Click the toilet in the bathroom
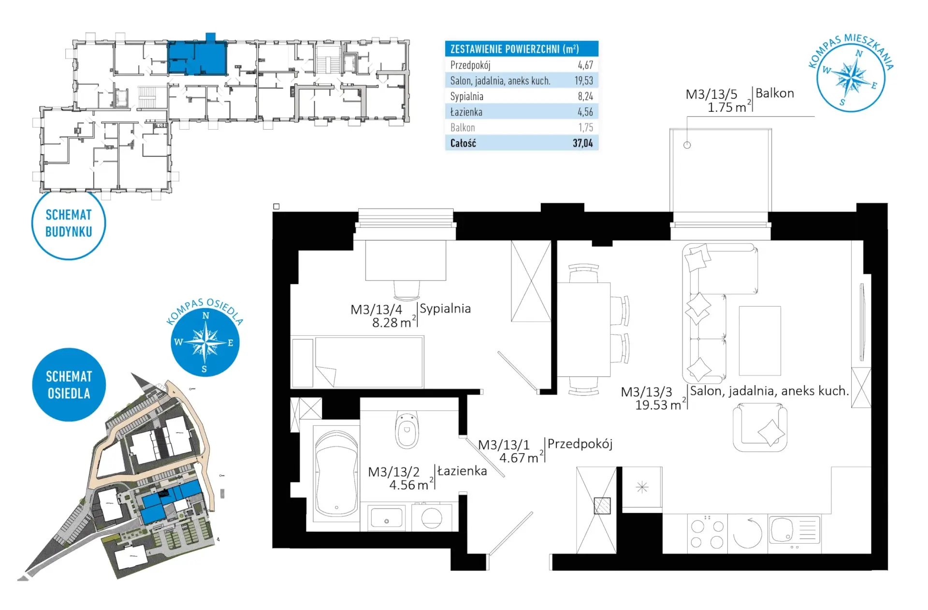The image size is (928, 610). pos(407,430)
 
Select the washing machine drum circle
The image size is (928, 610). pos(432,519)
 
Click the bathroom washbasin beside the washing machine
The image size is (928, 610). pos(386,518)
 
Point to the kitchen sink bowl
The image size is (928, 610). pos(782,530)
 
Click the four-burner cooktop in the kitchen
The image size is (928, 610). pos(707,534)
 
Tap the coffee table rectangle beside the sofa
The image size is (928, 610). pos(760,341)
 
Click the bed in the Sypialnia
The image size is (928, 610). pos(357,362)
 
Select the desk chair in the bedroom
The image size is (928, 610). pos(406,290)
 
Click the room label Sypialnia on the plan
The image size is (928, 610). pos(445,309)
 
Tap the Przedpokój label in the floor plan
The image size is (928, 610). pos(580,444)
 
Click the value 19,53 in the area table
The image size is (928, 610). pos(583,81)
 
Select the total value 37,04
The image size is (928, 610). pos(582,143)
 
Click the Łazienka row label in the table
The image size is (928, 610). pos(466,112)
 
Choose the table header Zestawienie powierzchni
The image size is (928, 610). pos(514,49)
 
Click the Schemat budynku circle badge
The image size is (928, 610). pos(69,223)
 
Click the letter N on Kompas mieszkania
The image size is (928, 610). pos(859,54)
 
